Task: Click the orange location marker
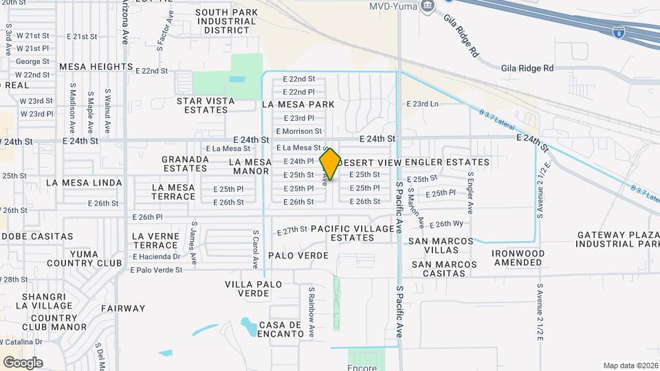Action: click(330, 164)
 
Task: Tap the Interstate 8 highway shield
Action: click(619, 31)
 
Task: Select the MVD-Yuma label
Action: click(393, 6)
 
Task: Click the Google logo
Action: click(23, 362)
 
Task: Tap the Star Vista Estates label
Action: click(206, 105)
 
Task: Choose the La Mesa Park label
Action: click(298, 104)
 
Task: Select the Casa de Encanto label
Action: click(281, 329)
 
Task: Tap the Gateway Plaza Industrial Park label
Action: click(617, 239)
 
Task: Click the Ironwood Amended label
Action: click(518, 258)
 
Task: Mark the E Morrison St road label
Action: click(298, 131)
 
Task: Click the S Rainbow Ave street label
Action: click(311, 313)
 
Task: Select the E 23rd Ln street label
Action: click(422, 104)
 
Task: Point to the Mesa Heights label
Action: click(96, 67)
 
